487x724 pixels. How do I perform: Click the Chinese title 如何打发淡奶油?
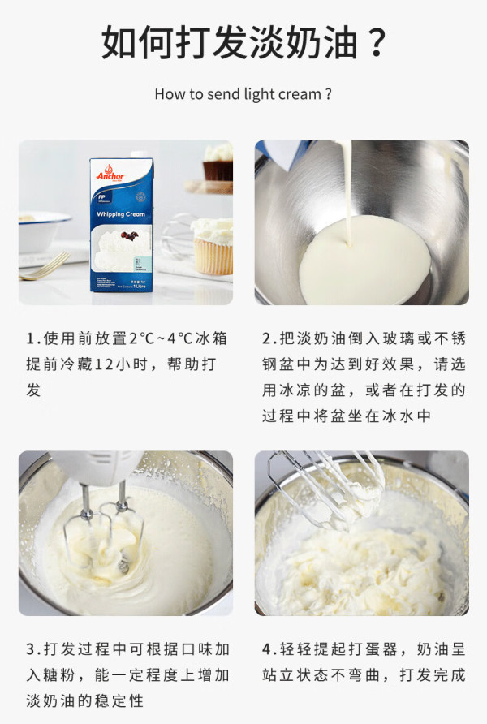pos(230,42)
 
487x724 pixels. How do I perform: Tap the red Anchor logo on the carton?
pos(110,174)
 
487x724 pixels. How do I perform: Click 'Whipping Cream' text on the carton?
pos(120,214)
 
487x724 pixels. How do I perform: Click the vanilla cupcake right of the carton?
pos(213,246)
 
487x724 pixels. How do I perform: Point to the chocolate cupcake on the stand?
pos(218,162)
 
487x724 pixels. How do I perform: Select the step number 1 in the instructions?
pos(32,339)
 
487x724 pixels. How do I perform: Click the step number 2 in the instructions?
pos(268,339)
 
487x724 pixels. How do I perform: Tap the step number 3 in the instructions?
pos(32,649)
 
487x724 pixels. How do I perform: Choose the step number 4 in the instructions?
pos(268,649)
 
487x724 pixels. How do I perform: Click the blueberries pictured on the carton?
pos(130,236)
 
